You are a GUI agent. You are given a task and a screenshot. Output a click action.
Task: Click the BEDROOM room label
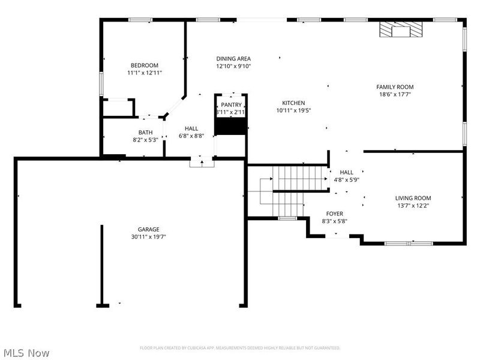point(145,65)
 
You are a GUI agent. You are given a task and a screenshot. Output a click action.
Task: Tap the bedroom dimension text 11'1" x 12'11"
point(145,73)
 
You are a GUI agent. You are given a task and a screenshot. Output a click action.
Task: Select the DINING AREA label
point(233,59)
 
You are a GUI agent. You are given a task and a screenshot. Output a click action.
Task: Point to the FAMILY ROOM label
point(395,87)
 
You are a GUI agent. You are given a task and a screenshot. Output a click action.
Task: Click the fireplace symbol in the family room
point(400,29)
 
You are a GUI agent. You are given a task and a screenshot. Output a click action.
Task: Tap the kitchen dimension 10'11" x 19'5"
point(294,110)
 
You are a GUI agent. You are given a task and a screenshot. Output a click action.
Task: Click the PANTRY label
point(231,105)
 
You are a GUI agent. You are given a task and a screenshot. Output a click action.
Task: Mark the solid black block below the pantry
point(231,126)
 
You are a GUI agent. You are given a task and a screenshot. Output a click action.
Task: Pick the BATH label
point(145,133)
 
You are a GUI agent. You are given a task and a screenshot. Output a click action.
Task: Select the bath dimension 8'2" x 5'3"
point(145,140)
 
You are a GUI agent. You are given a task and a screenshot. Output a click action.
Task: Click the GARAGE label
point(148,229)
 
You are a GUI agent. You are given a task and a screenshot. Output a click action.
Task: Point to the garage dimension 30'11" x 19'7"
point(148,236)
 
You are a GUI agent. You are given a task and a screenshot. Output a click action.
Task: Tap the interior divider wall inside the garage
point(101,264)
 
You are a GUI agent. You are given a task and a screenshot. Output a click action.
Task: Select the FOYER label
point(334,214)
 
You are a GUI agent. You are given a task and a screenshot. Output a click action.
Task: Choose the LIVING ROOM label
point(413,198)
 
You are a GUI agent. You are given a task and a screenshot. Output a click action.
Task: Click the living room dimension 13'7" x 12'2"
point(413,205)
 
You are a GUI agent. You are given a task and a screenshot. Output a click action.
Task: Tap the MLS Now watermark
point(26,353)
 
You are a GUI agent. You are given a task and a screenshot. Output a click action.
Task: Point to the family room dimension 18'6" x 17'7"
point(395,94)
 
